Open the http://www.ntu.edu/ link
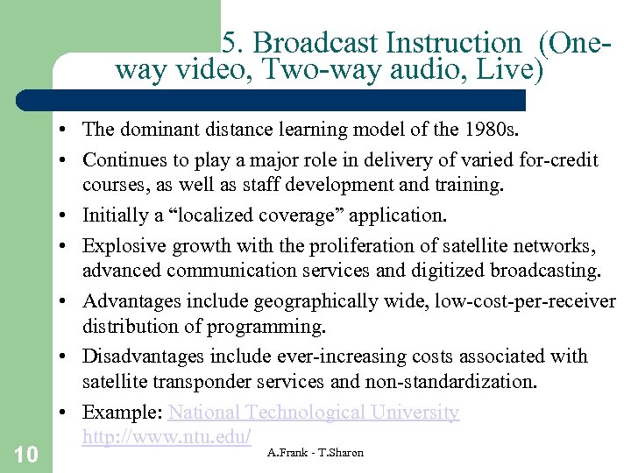[x=167, y=435]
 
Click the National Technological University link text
[x=314, y=412]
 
